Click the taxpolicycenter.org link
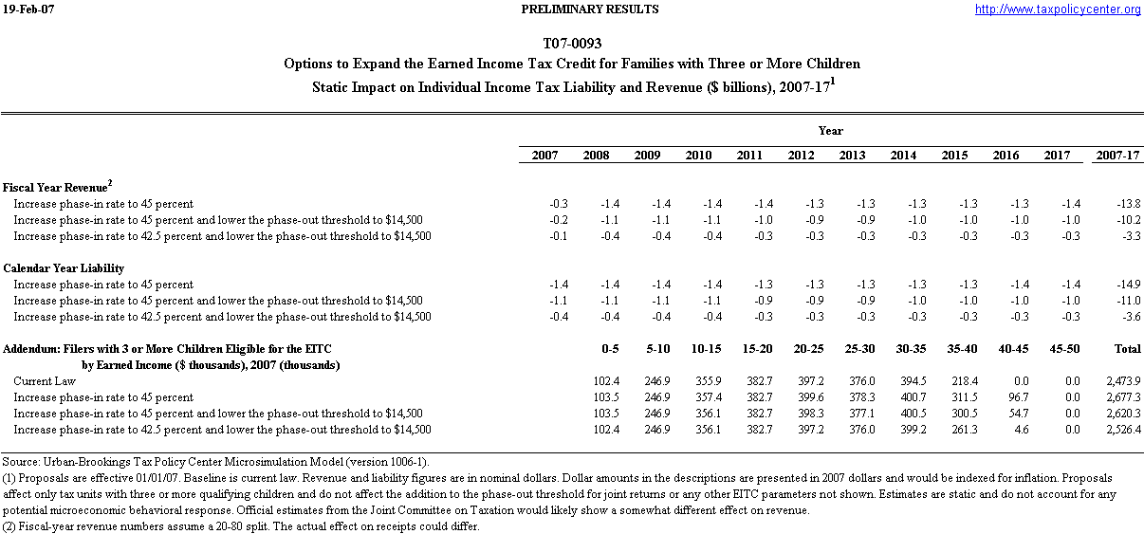point(1058,9)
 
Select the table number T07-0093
point(572,44)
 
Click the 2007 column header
point(544,155)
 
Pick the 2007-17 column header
point(1116,155)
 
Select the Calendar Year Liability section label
point(64,268)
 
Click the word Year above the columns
point(831,131)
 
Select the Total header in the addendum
point(1126,349)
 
